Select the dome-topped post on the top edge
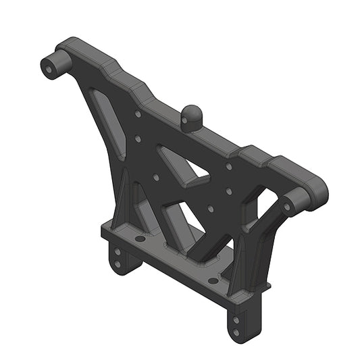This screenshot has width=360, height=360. point(190,117)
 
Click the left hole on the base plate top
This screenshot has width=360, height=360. point(138,238)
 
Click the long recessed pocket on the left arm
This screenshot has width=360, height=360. point(108,122)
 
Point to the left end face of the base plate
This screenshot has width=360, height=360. point(106,233)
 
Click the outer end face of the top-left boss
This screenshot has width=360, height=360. point(50,68)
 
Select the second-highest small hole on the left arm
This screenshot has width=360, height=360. point(138,139)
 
